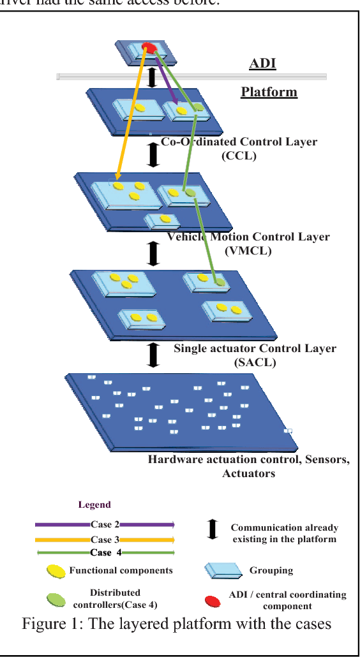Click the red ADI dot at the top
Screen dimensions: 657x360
point(147,47)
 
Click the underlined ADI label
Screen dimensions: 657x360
point(262,64)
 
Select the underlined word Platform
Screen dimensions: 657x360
point(269,92)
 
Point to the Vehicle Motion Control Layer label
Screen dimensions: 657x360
point(248,243)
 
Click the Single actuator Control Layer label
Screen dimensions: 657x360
point(255,355)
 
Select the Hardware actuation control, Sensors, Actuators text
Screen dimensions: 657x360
point(248,466)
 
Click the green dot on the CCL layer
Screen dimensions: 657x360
point(199,108)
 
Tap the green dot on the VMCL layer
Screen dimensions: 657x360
point(190,191)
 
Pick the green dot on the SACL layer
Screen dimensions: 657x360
point(219,281)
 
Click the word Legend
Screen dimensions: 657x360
point(94,505)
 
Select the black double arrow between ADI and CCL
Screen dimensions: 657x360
point(152,78)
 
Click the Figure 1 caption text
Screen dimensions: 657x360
point(177,623)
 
